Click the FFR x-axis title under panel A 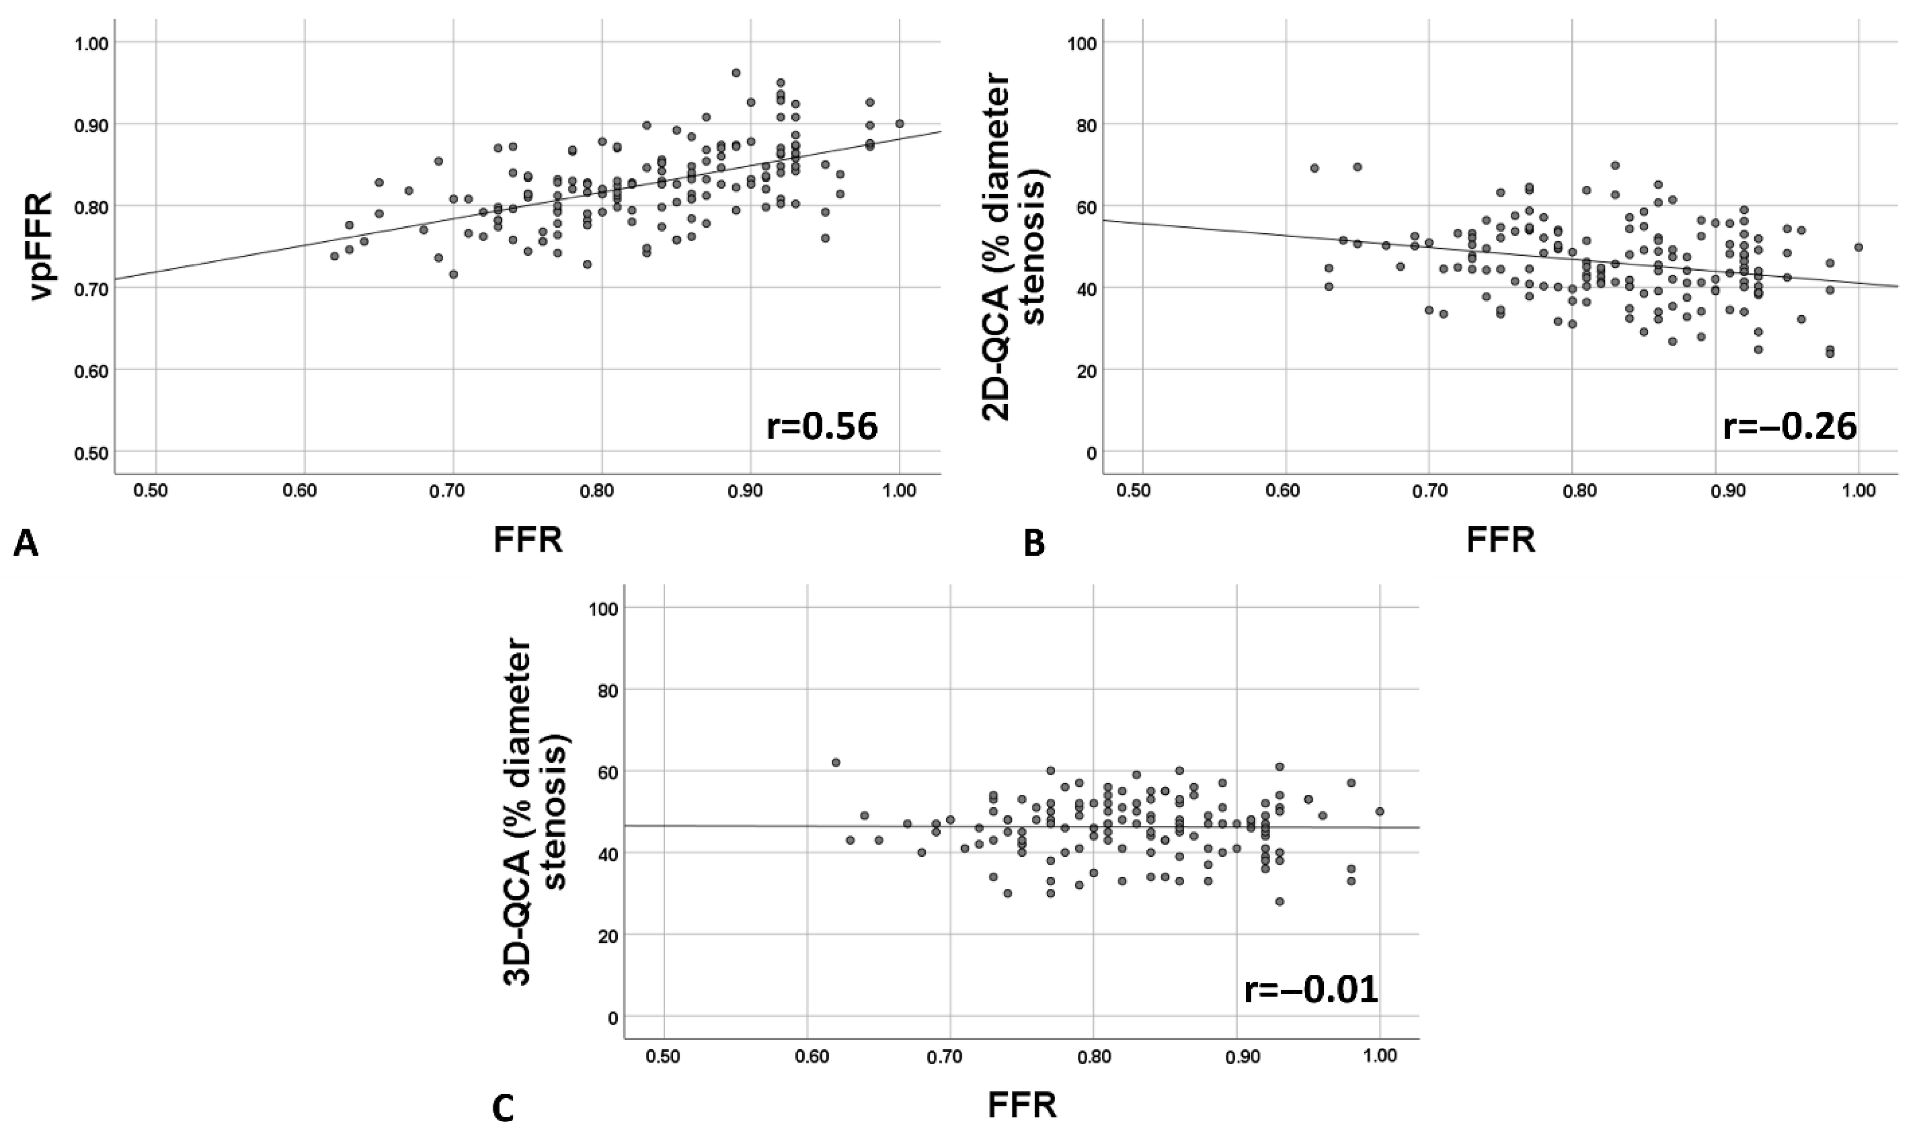[528, 541]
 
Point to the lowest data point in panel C [1279, 901]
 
